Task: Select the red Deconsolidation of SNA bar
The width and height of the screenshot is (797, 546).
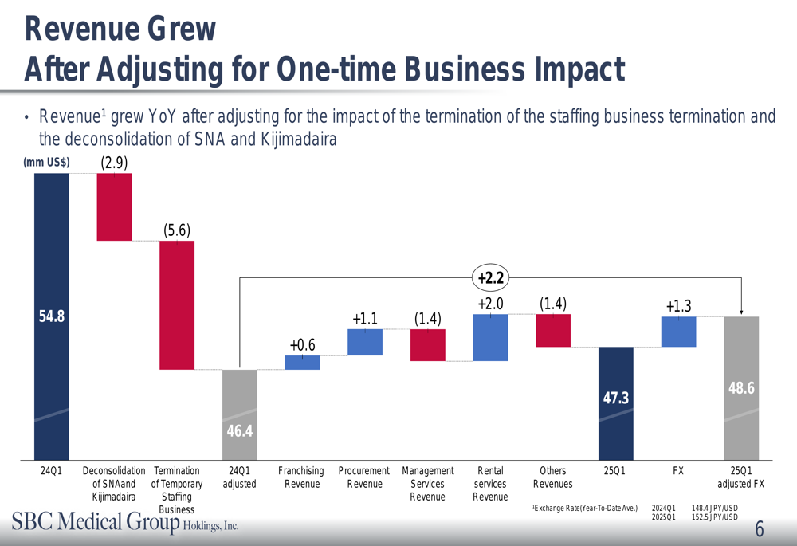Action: click(114, 206)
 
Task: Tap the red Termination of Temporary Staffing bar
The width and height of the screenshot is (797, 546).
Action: click(177, 304)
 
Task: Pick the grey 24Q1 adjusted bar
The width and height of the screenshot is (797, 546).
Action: click(240, 414)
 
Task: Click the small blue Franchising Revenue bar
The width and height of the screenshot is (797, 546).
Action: click(302, 363)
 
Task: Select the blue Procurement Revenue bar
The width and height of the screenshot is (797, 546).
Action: click(365, 342)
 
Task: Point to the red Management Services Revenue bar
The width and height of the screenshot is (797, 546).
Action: click(428, 345)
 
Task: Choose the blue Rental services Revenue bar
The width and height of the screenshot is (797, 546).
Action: click(490, 337)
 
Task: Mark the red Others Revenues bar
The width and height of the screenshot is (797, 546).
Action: click(553, 330)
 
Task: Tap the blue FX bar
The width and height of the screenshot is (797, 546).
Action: click(678, 332)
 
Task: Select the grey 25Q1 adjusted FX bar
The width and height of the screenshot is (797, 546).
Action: click(741, 387)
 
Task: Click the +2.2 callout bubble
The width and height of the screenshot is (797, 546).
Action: click(491, 277)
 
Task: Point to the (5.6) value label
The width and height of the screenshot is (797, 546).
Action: click(177, 230)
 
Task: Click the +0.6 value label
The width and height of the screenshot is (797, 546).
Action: click(302, 345)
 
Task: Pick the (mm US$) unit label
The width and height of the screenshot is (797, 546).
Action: click(46, 163)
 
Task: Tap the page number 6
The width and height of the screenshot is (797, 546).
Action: click(759, 530)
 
